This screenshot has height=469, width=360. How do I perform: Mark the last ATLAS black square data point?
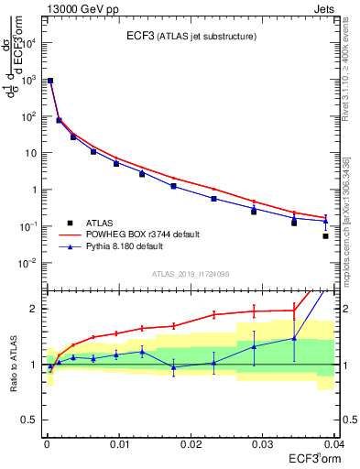[x=325, y=236]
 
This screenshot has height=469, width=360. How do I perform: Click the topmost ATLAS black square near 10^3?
[x=50, y=81]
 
